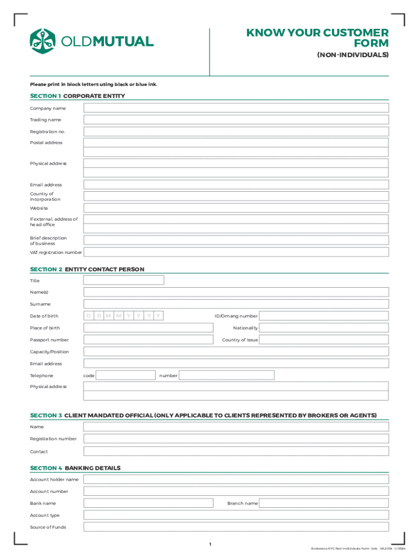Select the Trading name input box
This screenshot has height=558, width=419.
pos(236,120)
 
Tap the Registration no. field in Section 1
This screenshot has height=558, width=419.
pos(236,132)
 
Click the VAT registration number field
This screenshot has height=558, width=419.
pos(236,252)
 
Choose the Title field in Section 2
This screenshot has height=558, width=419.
pos(124,280)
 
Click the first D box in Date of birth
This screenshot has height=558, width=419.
pos(88,316)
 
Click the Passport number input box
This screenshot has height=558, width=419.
pos(148,340)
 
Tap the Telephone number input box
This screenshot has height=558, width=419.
pos(226,375)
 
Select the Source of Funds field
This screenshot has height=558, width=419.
pos(236,527)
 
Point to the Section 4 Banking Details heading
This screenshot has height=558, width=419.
pos(75,468)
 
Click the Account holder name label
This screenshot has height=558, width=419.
pos(54,480)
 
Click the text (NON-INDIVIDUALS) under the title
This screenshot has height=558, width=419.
pos(352,56)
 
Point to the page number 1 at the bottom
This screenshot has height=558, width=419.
pos(209,544)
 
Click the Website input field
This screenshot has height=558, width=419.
pos(236,208)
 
